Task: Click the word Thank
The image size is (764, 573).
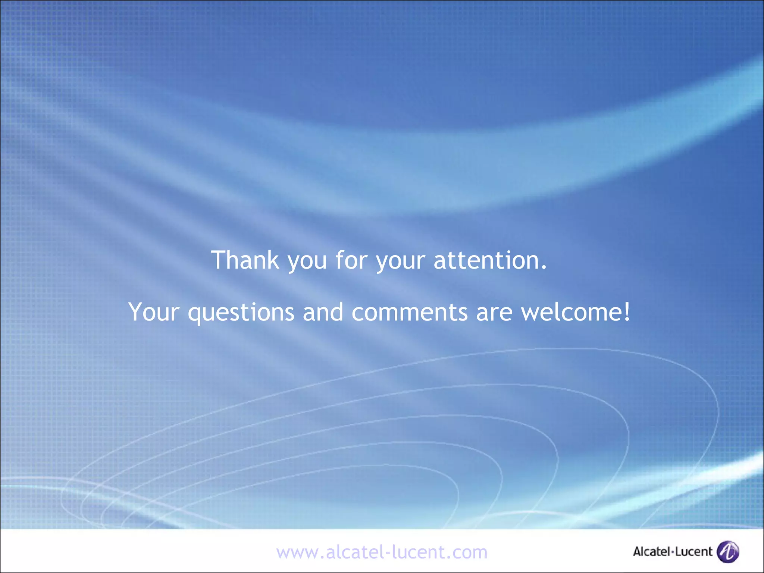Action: point(245,260)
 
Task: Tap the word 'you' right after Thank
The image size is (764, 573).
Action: point(307,261)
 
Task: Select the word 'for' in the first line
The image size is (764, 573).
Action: point(351,260)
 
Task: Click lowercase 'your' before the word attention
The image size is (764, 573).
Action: point(400,261)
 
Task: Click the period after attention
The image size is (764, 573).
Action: point(544,267)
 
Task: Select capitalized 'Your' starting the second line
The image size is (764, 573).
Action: point(154,312)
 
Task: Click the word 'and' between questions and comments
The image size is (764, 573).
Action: point(323,312)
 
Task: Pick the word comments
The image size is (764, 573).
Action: point(409,313)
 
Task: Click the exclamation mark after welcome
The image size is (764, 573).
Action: point(627,312)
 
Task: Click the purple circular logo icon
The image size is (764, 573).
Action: point(728,551)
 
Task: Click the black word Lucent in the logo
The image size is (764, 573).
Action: point(694,551)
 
